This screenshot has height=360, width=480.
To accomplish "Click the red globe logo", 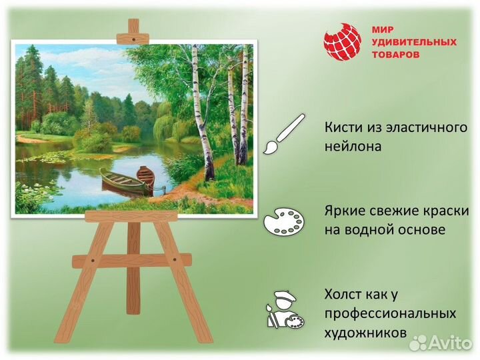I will coord(342,42).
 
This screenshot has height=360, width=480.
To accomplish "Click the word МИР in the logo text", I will coord(383,30).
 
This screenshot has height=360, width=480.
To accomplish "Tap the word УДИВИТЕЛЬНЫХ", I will coord(413,42).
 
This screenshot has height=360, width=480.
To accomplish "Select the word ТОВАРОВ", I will coord(396,55).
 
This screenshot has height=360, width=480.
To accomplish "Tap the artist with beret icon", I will coord(283,308).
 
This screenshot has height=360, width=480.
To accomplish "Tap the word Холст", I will coord(345,294).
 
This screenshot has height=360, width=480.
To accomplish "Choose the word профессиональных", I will coord(390,313).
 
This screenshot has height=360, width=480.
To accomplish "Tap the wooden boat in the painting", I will coord(127,180).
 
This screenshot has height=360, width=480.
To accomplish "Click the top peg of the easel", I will coord(133,28).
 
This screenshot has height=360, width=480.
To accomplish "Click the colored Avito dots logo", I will coord(419,342).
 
